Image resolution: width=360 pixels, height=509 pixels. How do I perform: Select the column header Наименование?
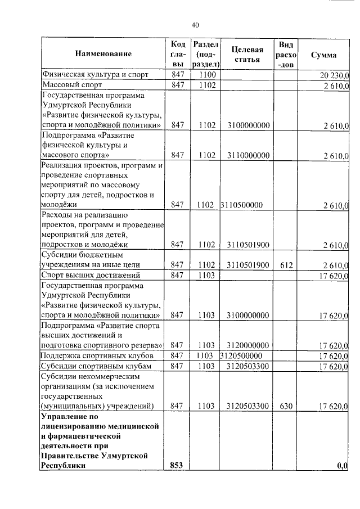tap(102, 54)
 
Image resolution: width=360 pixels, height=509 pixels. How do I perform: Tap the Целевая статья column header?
tap(247, 54)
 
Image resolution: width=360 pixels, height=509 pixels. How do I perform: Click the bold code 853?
tap(178, 465)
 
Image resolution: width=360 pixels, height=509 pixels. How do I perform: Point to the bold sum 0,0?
tap(343, 465)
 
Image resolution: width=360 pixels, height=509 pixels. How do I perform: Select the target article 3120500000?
tap(242, 356)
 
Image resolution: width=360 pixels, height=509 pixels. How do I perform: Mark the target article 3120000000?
tap(247, 345)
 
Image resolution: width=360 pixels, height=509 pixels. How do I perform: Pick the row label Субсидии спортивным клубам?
tap(93, 366)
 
